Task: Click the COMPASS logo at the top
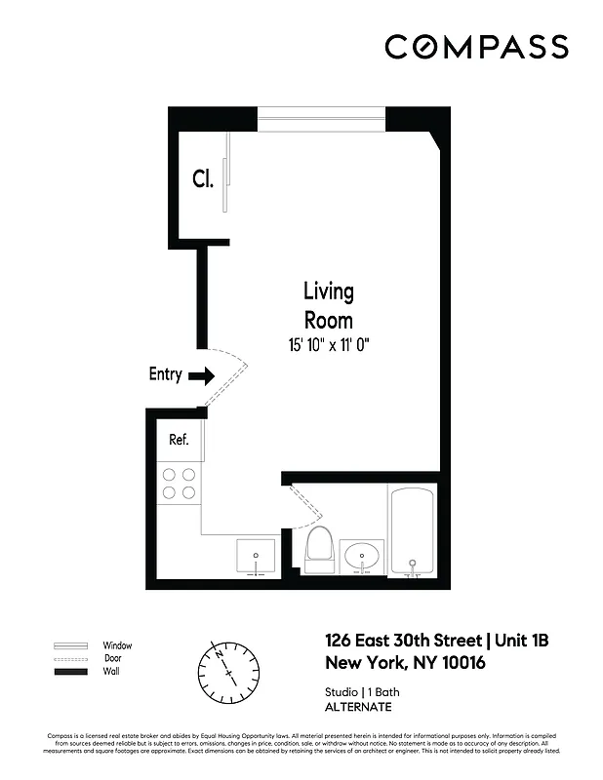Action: (475, 47)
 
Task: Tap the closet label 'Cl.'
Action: (202, 178)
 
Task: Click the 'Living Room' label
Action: (328, 305)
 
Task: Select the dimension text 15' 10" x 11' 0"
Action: (328, 344)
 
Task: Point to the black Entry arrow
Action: (202, 375)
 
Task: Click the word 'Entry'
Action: (165, 374)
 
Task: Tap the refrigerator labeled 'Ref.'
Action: (181, 441)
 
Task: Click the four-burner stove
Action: (180, 484)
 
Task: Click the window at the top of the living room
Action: (322, 124)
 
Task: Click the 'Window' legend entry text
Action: (118, 645)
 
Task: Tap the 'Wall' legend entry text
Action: (112, 672)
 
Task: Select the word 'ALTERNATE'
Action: (358, 707)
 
